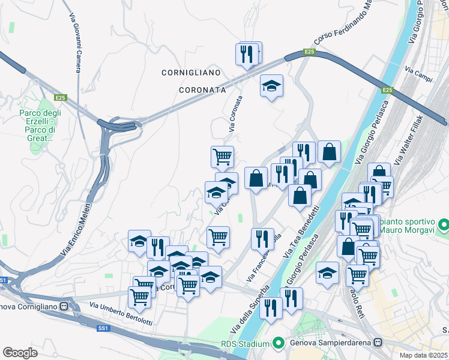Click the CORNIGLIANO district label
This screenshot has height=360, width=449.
pyautogui.click(x=191, y=73)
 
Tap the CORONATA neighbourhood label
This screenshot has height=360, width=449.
pyautogui.click(x=202, y=89)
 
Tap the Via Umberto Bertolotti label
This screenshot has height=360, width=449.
pyautogui.click(x=121, y=313)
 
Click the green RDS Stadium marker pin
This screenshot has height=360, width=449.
pyautogui.click(x=278, y=344)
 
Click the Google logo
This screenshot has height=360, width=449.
pyautogui.click(x=20, y=353)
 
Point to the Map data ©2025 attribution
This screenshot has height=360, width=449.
pyautogui.click(x=424, y=355)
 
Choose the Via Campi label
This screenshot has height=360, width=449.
pyautogui.click(x=418, y=74)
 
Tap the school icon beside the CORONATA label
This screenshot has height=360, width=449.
pyautogui.click(x=271, y=85)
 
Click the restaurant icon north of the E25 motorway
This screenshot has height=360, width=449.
pyautogui.click(x=249, y=53)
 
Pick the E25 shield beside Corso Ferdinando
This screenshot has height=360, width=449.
pyautogui.click(x=309, y=53)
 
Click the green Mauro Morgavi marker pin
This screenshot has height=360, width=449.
pyautogui.click(x=444, y=226)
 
